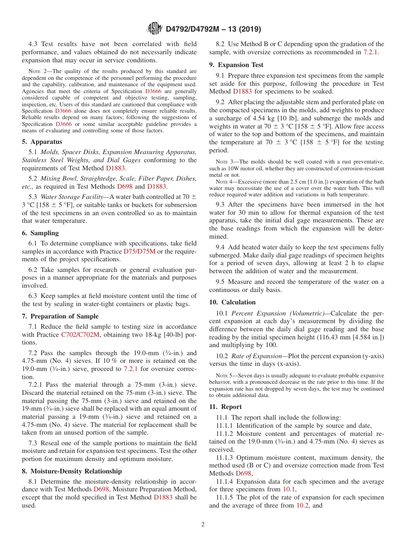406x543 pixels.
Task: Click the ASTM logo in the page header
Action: [154, 29]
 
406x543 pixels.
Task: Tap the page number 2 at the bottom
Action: [203, 524]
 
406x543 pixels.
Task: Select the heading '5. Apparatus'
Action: [42, 142]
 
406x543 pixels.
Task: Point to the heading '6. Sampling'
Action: [40, 233]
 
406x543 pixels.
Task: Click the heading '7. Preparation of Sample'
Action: [60, 316]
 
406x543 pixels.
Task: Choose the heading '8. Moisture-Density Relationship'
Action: [72, 471]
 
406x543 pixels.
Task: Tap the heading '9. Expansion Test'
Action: [236, 65]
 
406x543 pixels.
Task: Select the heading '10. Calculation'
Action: [232, 302]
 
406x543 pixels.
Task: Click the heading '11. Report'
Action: [225, 407]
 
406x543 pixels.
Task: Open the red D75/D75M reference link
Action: [139, 251]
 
